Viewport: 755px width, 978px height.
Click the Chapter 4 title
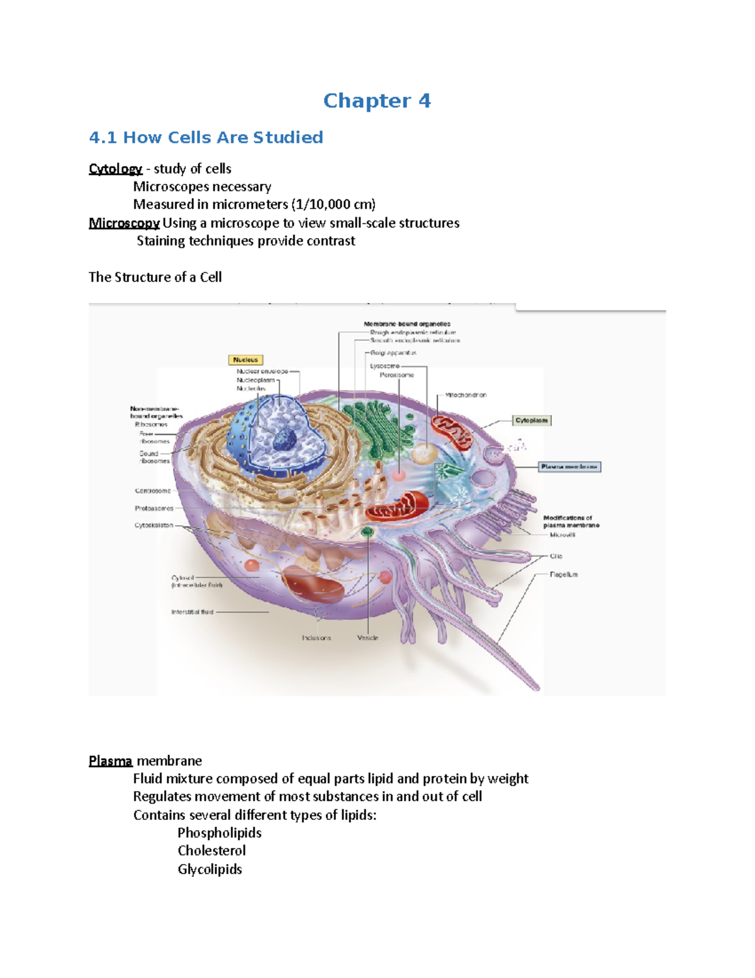tap(377, 101)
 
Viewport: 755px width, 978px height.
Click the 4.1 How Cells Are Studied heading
tap(206, 137)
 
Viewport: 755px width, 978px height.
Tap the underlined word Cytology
tap(115, 169)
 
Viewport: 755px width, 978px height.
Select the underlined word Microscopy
tap(124, 223)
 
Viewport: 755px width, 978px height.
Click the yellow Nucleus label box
tap(245, 360)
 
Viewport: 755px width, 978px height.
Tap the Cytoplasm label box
tap(532, 420)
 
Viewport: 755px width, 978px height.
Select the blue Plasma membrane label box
tap(569, 467)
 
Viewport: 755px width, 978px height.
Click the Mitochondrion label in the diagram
tap(466, 395)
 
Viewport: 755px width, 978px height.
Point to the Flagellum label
tap(563, 574)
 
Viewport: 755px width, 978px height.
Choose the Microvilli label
tap(562, 535)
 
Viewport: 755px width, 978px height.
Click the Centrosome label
tap(153, 491)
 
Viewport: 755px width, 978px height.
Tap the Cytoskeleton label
tap(154, 525)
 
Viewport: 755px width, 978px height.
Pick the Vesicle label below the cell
tap(367, 638)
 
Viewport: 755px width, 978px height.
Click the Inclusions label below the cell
tap(316, 638)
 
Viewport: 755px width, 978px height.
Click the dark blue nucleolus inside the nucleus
tap(284, 439)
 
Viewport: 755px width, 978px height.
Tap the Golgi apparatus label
tap(393, 353)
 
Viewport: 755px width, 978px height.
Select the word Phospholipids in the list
tap(219, 833)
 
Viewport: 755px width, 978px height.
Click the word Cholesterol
tap(211, 850)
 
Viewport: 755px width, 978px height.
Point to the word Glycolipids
tap(210, 869)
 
